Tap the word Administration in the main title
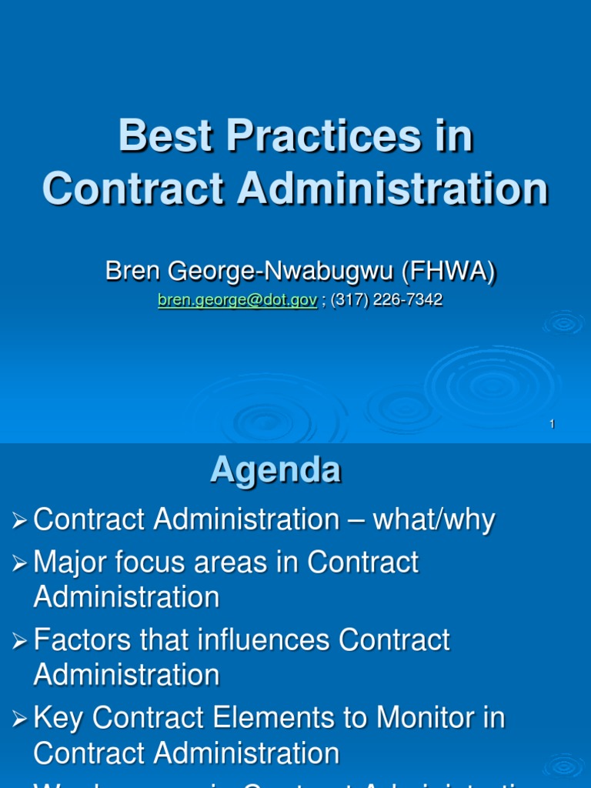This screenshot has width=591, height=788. tap(393, 189)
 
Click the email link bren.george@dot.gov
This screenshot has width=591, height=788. tap(237, 301)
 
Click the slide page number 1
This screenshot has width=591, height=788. tap(553, 425)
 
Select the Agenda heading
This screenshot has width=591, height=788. tap(275, 469)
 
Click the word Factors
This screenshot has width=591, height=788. tap(86, 640)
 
